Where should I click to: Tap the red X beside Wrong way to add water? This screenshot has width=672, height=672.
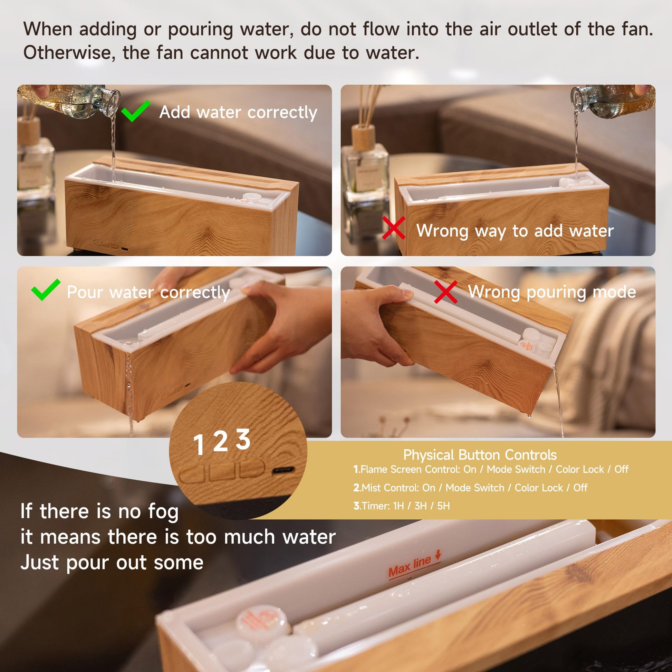[393, 228]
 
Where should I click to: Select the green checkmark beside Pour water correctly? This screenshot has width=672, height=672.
[45, 290]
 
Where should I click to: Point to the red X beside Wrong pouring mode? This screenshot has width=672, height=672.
[446, 292]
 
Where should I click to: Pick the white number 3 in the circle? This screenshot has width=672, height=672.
[243, 439]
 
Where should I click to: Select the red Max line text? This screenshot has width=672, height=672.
[410, 567]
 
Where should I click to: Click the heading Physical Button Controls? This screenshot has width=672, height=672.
[480, 455]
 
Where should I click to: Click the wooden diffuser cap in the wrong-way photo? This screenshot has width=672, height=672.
[363, 137]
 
